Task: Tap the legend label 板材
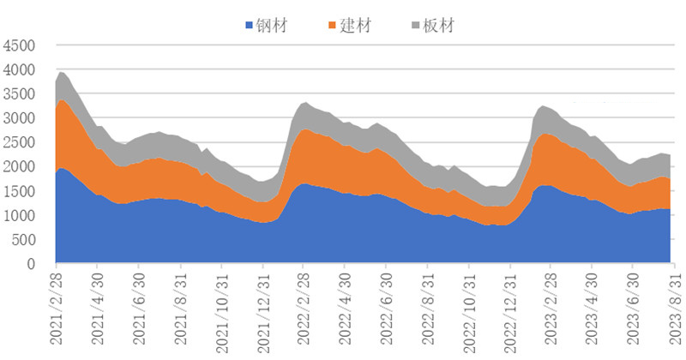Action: tap(439, 25)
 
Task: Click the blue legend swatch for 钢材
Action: tap(250, 26)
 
